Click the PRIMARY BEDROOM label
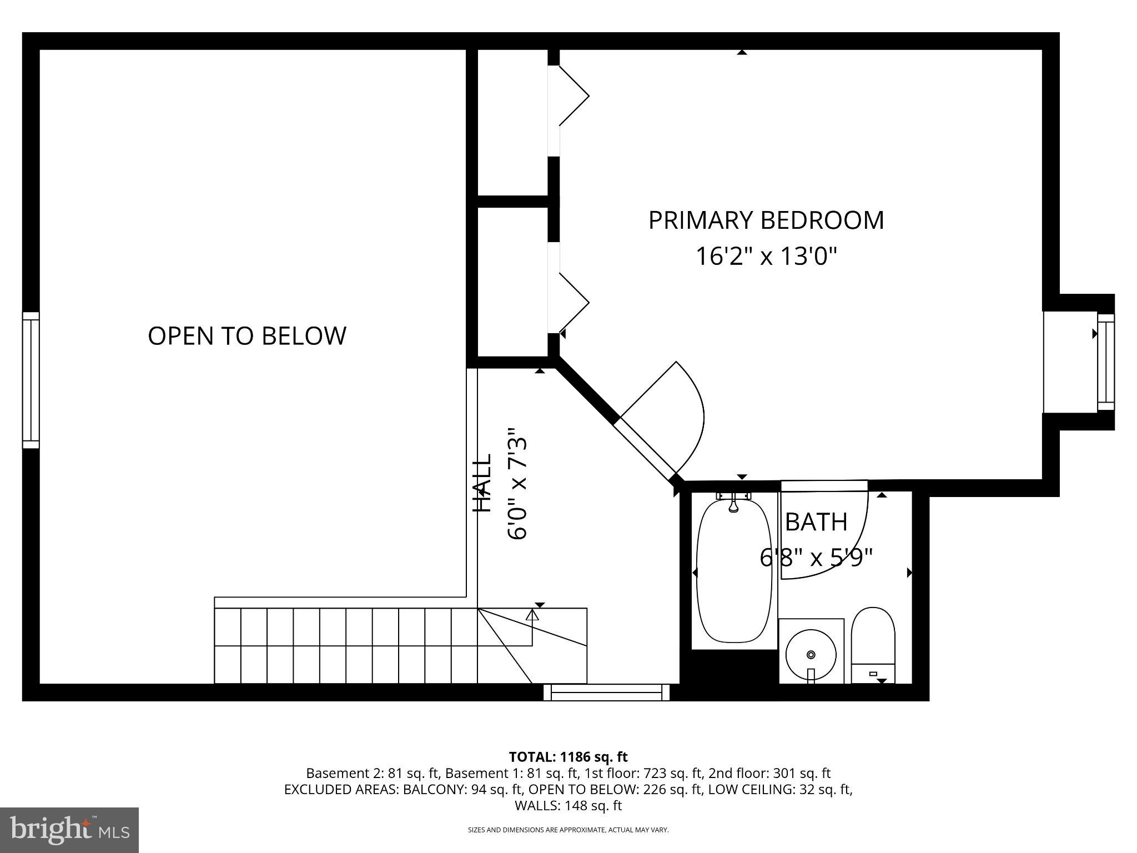(766, 220)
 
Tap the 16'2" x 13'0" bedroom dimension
(766, 257)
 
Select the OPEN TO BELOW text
(247, 336)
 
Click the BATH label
(816, 522)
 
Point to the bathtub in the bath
(734, 572)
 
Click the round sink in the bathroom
(811, 655)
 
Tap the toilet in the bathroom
(873, 644)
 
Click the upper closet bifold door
(573, 96)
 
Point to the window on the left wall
(31, 380)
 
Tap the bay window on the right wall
(1105, 362)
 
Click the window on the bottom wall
(606, 692)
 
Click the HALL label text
(482, 483)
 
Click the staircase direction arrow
(532, 615)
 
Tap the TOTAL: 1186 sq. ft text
(568, 757)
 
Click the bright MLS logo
(69, 830)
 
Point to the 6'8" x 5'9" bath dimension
(816, 558)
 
